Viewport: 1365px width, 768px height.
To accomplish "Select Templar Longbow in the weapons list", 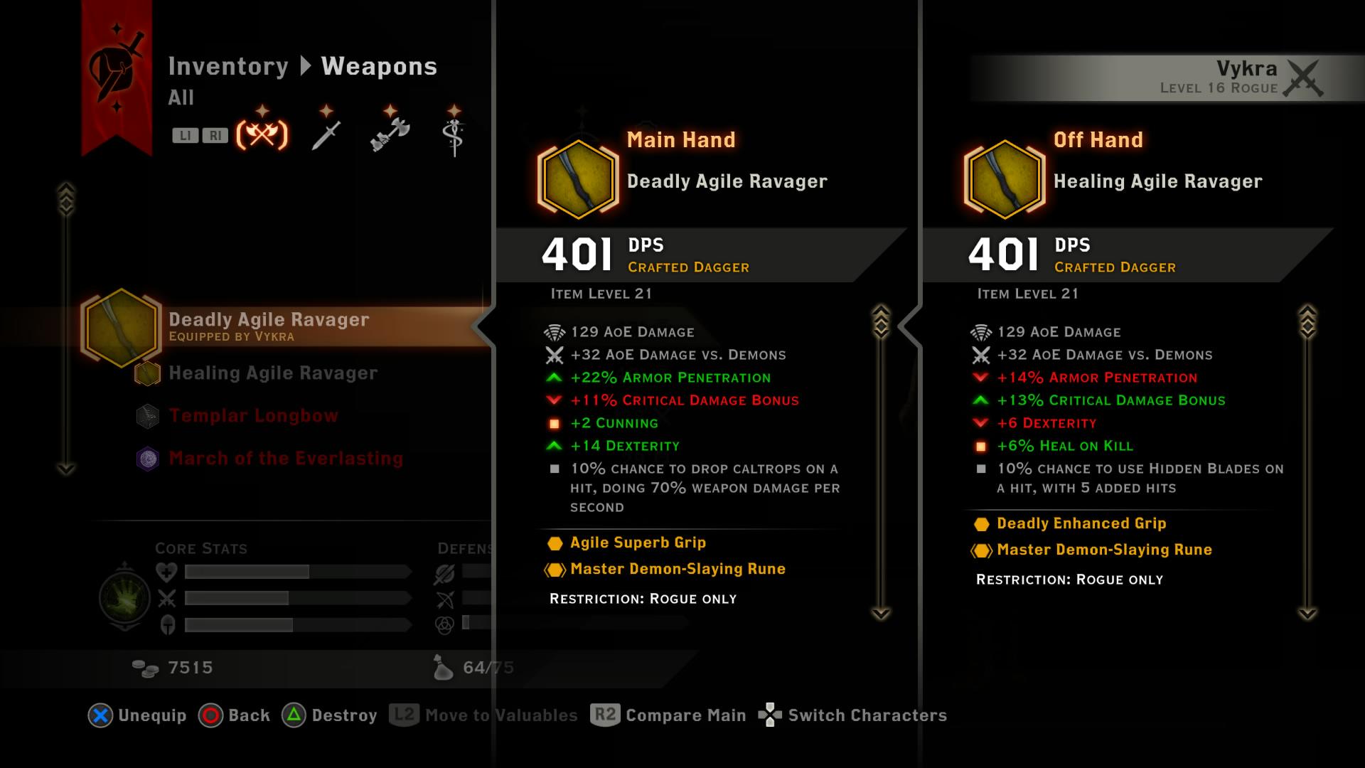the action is [x=253, y=416].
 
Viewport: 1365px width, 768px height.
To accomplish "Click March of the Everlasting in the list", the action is [x=286, y=459].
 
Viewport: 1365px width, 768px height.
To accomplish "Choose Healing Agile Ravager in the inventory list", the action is [x=273, y=373].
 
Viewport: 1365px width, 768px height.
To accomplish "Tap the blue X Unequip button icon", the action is [x=100, y=715].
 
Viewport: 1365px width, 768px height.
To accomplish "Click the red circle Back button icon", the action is [x=210, y=715].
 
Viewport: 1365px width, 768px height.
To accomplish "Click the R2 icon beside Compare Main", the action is [x=605, y=715].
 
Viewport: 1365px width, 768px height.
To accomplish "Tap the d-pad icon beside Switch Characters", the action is [x=770, y=715].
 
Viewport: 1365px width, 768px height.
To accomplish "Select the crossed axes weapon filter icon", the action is [x=262, y=134].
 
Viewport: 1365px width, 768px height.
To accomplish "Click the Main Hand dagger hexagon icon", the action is [x=578, y=179].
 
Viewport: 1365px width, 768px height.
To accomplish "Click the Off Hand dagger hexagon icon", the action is [x=1005, y=179].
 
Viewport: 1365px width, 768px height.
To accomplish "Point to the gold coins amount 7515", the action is [x=190, y=668].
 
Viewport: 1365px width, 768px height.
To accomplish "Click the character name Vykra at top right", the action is [x=1246, y=69].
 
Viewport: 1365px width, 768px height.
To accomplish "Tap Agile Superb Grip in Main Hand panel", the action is [x=638, y=543].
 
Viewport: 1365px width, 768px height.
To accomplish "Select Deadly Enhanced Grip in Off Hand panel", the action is [x=1081, y=523].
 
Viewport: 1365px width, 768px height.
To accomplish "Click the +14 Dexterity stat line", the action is [x=624, y=446].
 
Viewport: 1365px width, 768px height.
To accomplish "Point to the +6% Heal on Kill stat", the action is [x=1064, y=446].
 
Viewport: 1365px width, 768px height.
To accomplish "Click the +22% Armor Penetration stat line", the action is [x=670, y=378].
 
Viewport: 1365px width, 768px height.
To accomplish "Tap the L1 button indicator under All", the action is [x=185, y=135].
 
